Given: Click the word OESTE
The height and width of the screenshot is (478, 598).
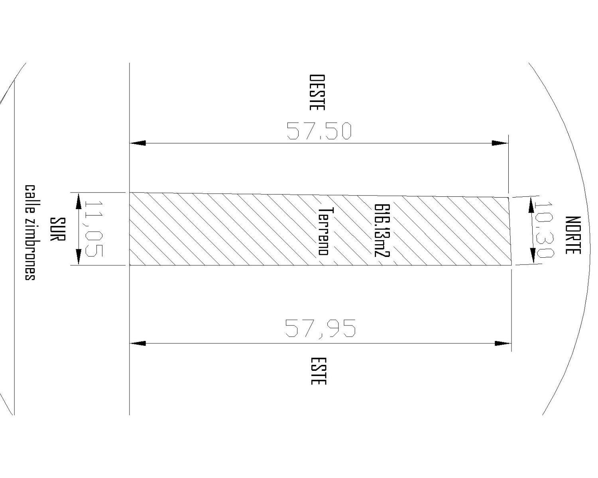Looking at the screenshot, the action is (317, 92).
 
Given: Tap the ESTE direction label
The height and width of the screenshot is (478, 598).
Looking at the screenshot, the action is (319, 371).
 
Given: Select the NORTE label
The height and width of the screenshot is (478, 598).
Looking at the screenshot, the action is (573, 235).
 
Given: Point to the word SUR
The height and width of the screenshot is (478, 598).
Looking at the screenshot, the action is (57, 229).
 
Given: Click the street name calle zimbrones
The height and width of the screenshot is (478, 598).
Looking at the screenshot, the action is (30, 233).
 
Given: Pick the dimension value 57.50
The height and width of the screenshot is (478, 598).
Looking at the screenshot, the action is (319, 131).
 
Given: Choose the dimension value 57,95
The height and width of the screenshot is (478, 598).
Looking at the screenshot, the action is (320, 329).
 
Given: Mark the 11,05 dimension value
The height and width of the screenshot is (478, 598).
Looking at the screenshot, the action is (94, 229).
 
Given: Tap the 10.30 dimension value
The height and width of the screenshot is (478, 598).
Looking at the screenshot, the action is (544, 231).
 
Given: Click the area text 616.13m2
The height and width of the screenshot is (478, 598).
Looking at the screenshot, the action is (382, 231).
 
